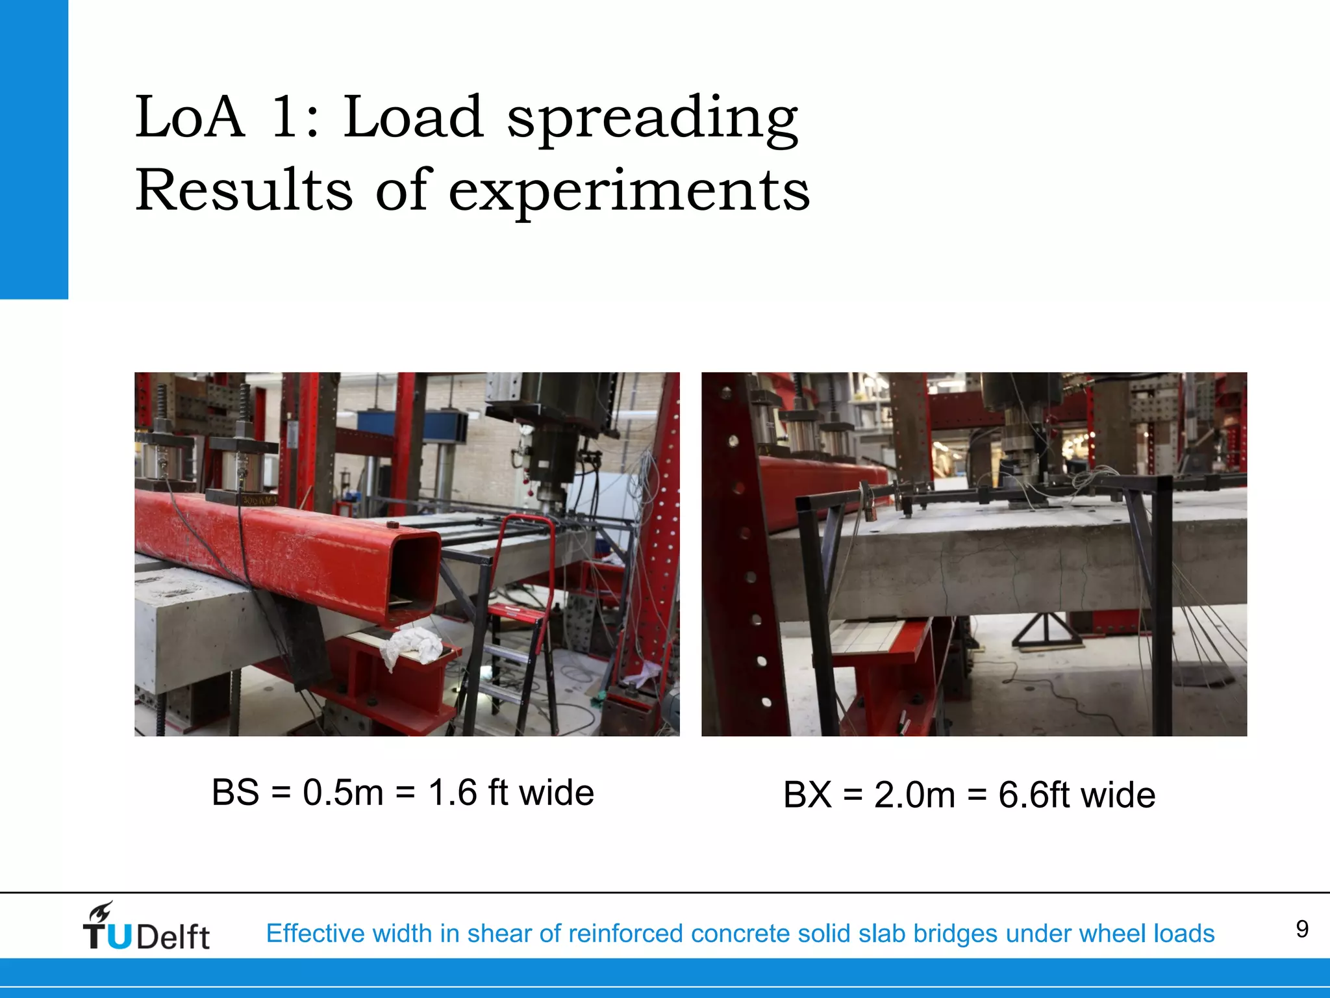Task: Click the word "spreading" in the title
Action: coord(652,118)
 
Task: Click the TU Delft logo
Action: coord(146,927)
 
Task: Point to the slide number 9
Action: coord(1301,929)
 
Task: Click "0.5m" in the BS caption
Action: coord(343,793)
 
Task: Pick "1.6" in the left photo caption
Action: coord(453,793)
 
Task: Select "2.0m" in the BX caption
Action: coord(914,795)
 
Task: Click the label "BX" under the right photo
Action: coord(807,795)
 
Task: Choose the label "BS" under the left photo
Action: coord(235,793)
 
